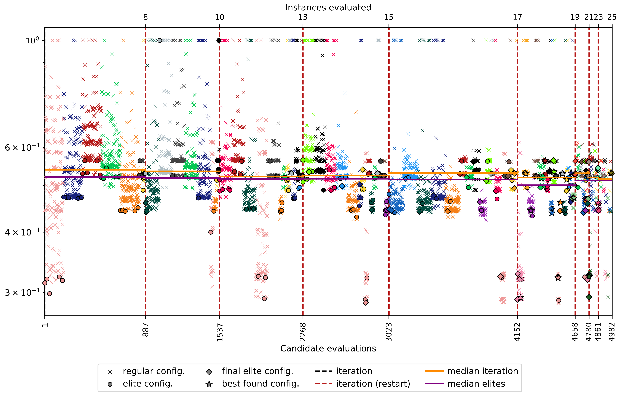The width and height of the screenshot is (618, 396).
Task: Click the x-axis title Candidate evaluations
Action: [x=328, y=348]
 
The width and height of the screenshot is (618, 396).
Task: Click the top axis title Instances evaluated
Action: [x=328, y=7]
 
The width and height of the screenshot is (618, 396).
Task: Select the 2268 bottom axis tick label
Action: [x=303, y=332]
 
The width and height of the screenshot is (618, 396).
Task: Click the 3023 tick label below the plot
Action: [x=389, y=332]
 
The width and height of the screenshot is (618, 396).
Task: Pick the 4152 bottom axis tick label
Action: [x=517, y=332]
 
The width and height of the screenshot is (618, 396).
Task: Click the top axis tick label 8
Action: [x=146, y=17]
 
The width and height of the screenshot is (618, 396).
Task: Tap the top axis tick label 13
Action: [x=303, y=17]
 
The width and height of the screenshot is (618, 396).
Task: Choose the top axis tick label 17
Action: [x=517, y=17]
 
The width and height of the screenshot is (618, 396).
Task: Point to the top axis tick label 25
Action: [x=612, y=17]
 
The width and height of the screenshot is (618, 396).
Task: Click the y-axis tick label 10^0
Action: [x=32, y=40]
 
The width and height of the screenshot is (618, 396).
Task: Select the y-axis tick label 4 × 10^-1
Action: [x=23, y=232]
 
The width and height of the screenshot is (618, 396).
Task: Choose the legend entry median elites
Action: [x=476, y=384]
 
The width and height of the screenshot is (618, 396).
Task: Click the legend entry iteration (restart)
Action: [x=373, y=384]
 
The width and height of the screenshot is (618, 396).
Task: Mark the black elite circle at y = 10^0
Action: [x=219, y=40]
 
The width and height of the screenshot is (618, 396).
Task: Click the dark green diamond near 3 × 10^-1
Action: [x=589, y=297]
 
